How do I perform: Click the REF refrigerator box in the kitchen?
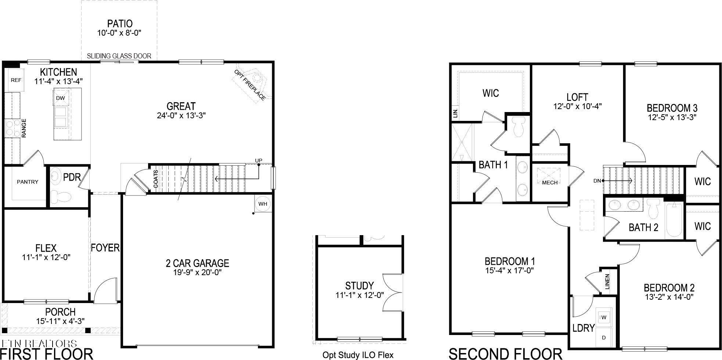(15, 80)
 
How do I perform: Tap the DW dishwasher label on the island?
(60, 98)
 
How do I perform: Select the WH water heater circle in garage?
(262, 204)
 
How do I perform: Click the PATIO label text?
(120, 24)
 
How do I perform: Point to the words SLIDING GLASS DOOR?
(119, 56)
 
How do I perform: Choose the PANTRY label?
(28, 181)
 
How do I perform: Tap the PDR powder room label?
(72, 177)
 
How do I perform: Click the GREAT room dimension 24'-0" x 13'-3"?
(181, 115)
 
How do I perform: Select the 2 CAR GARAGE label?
(197, 263)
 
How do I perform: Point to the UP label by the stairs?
(259, 161)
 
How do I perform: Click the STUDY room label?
(359, 285)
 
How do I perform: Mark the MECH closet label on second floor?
(550, 182)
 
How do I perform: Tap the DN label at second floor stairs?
(597, 181)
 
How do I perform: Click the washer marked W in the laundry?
(604, 317)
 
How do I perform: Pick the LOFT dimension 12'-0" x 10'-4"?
(577, 107)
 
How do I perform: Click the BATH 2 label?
(643, 227)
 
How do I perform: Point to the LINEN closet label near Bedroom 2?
(607, 281)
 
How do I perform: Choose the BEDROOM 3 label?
(672, 108)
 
